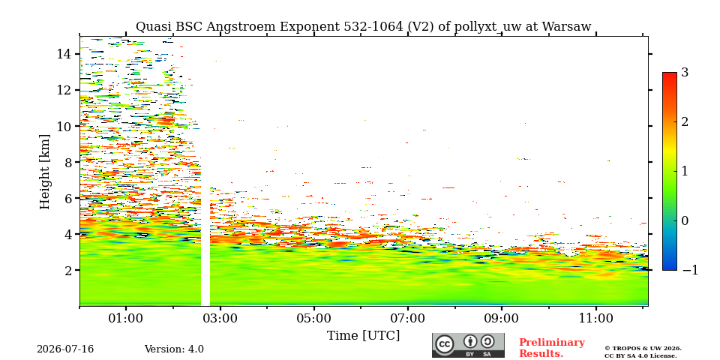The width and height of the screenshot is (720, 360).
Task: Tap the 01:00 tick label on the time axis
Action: point(126,318)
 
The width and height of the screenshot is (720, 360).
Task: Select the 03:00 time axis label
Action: point(220,318)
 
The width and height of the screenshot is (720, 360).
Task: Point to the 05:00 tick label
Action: point(314,318)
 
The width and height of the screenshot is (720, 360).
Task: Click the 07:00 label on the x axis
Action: point(408,318)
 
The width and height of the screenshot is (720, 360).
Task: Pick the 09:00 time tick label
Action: point(502,318)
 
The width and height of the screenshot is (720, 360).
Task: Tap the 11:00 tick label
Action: point(596,318)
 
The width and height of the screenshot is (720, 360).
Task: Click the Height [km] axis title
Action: point(44,172)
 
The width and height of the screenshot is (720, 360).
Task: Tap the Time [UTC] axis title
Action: point(363,336)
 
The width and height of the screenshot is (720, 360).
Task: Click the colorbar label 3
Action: point(685,72)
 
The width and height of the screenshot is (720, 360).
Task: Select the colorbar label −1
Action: point(690,270)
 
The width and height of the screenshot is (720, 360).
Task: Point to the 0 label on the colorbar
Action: point(685,220)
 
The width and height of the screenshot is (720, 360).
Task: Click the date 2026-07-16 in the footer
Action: point(65,349)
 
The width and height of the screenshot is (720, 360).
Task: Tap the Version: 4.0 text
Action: point(174,349)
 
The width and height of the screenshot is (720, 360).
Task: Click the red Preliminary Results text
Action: point(551,348)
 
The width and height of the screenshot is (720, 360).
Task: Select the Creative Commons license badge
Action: point(468,345)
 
